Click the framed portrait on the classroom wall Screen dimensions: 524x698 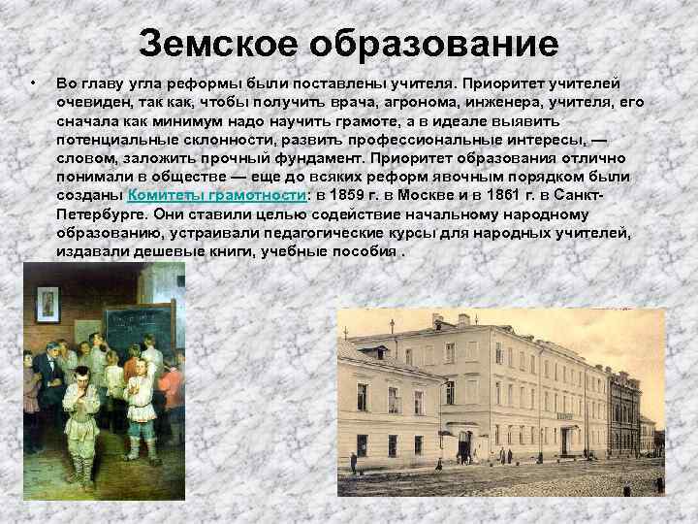click(x=47, y=303)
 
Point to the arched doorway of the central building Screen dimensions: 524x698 click(x=463, y=446)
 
